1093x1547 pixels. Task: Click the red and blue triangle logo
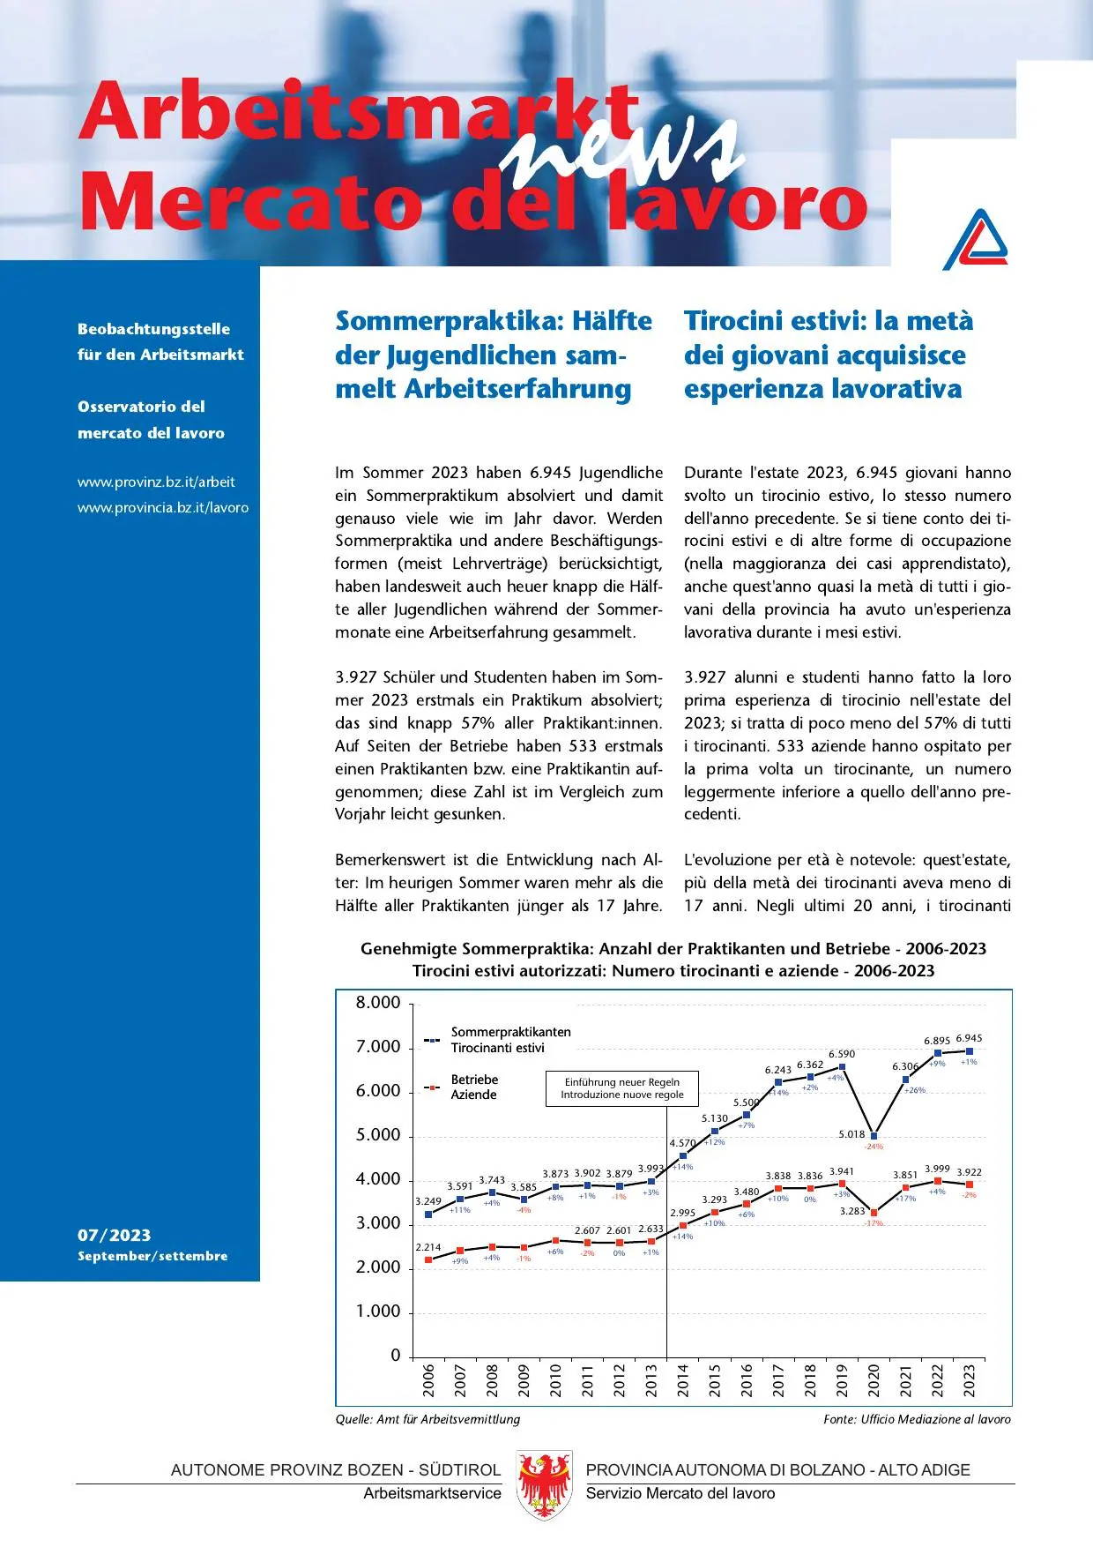point(976,240)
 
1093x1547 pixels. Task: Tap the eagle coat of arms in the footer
point(543,1484)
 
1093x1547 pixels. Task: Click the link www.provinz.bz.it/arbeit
point(156,482)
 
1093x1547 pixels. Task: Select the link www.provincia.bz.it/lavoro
point(163,508)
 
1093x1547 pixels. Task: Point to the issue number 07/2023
point(114,1235)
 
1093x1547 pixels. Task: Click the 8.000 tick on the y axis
point(378,1003)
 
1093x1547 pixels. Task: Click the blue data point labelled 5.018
point(874,1135)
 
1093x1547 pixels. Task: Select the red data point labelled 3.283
point(874,1213)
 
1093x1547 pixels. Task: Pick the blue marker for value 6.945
point(970,1051)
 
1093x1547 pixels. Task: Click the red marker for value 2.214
point(428,1259)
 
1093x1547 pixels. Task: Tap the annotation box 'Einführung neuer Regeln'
point(622,1088)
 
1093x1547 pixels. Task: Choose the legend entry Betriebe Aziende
point(473,1087)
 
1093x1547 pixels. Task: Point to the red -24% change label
point(874,1147)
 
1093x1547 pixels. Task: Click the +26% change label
point(915,1090)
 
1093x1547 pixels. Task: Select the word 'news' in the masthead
point(621,146)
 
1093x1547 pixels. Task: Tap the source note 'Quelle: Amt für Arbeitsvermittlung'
point(428,1419)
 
